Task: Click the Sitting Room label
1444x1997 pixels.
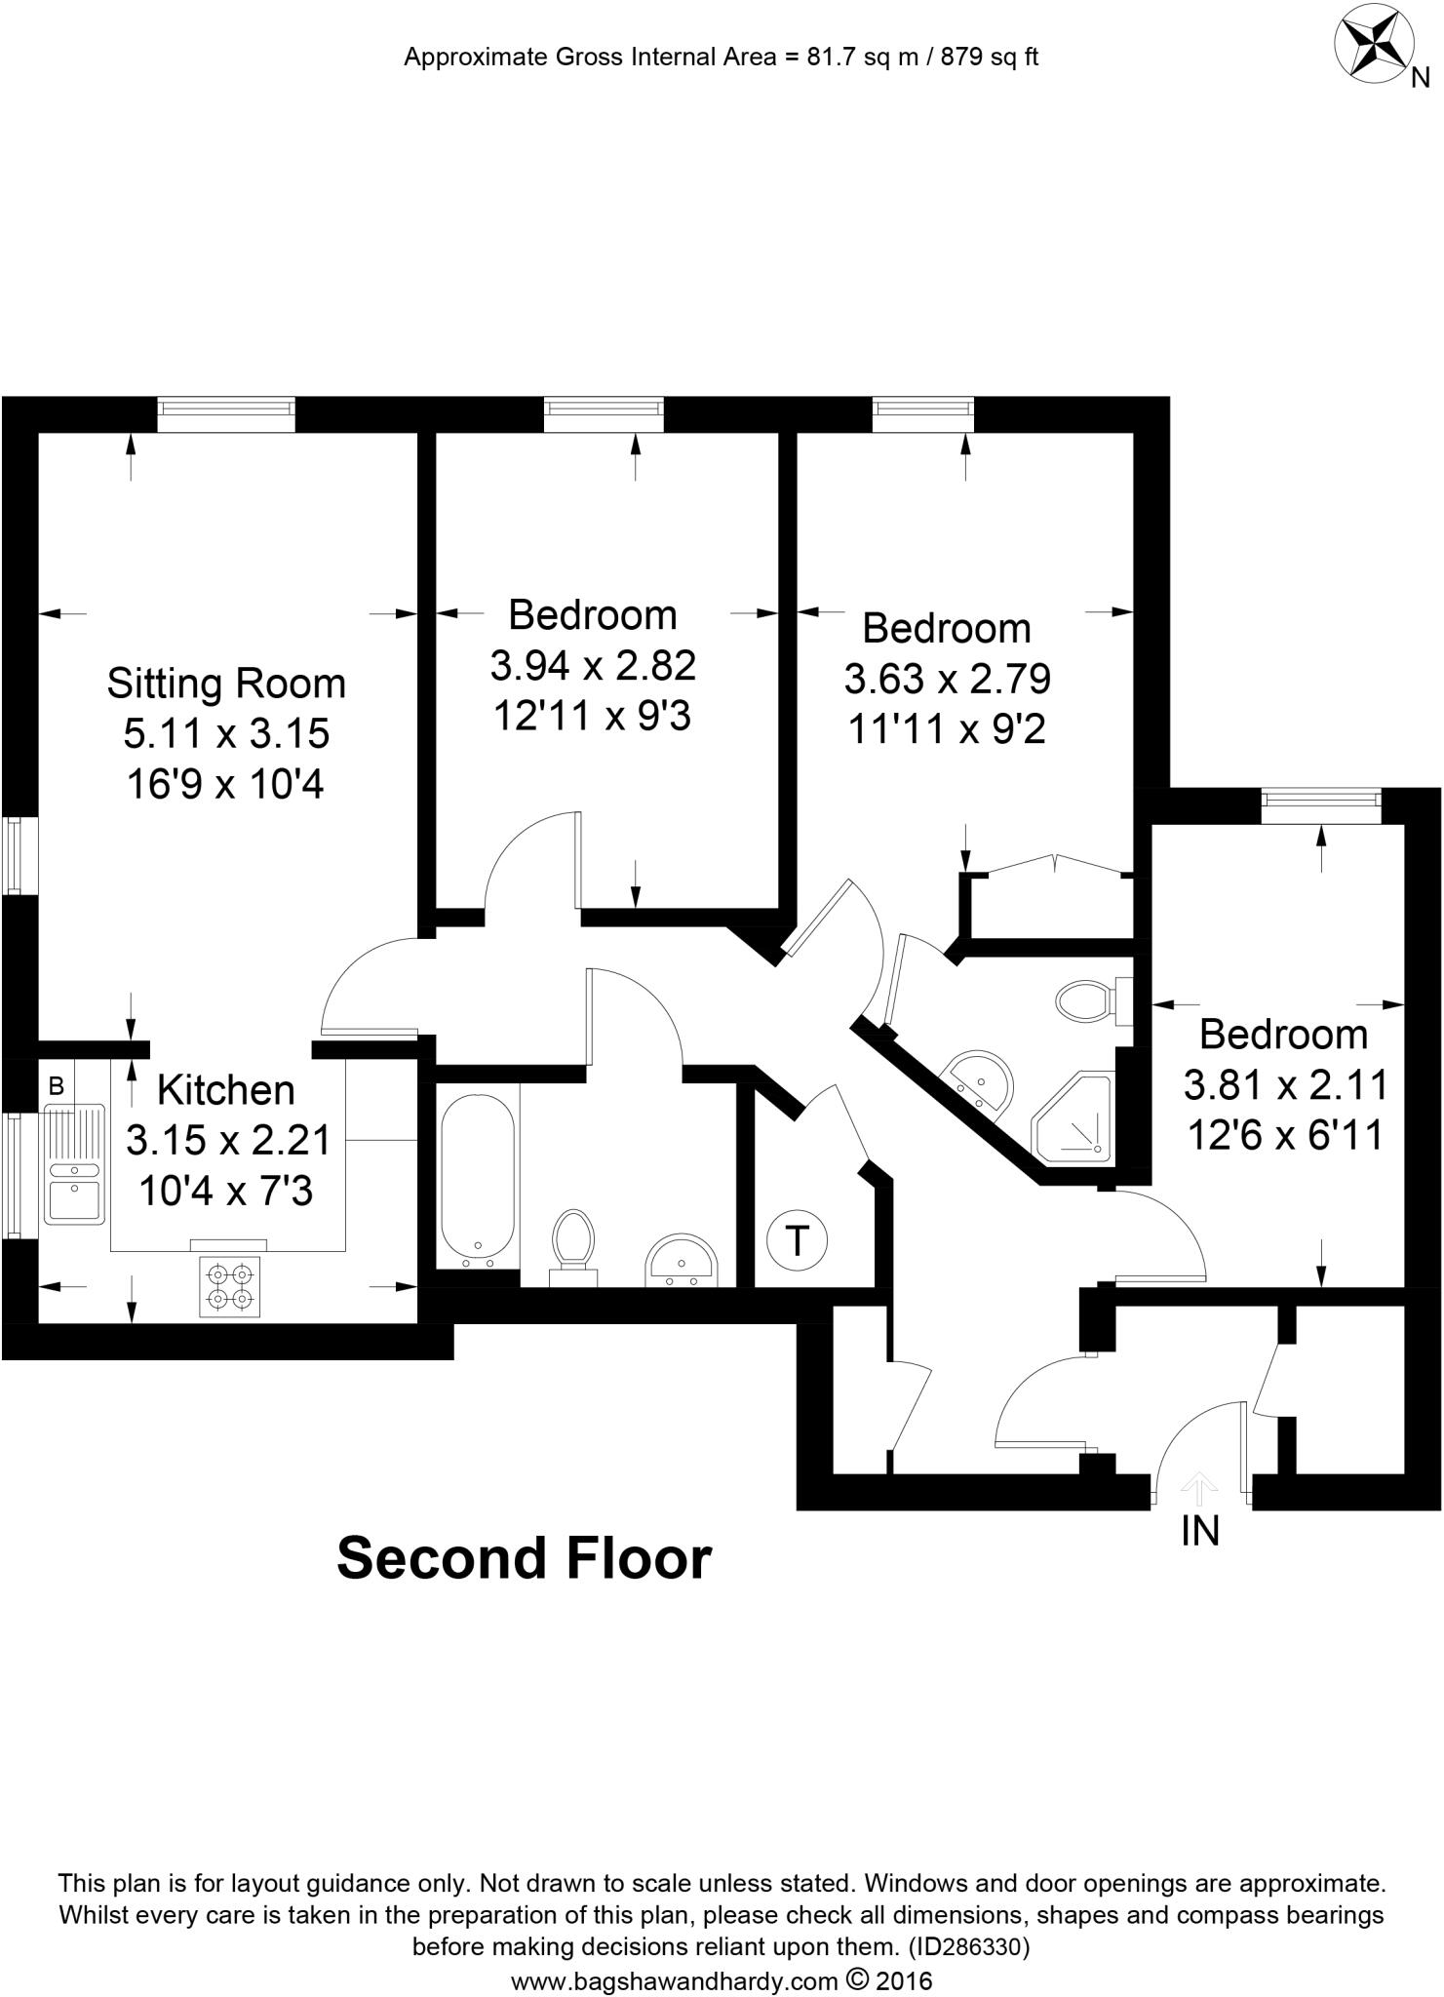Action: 226,683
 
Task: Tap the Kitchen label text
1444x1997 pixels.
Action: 226,1089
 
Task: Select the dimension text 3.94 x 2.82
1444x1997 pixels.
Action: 593,666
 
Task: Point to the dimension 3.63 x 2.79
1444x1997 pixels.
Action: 947,679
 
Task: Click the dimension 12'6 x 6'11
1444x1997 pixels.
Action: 1285,1135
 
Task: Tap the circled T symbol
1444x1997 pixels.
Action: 798,1241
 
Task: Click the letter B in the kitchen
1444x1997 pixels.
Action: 57,1086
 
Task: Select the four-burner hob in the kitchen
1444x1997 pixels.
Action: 230,1286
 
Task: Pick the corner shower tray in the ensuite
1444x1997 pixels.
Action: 1073,1118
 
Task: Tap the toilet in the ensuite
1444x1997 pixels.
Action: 1087,1000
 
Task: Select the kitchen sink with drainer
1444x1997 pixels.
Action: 75,1162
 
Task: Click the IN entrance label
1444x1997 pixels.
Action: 1199,1532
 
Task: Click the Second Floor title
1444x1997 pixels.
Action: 525,1558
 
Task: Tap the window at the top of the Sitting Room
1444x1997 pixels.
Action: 225,414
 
